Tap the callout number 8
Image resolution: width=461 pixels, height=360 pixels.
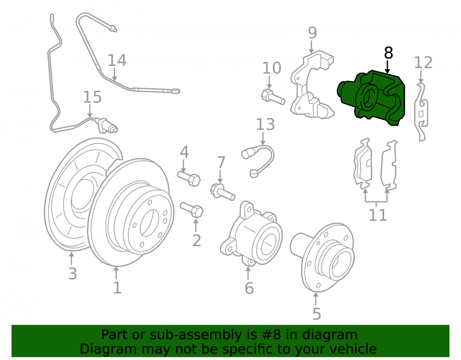point(388,53)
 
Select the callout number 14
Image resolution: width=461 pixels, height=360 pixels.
point(117,60)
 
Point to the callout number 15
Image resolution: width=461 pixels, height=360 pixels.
point(92,97)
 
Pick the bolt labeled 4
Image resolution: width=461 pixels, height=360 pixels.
point(189,178)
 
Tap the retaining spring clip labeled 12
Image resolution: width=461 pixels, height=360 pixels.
point(421,112)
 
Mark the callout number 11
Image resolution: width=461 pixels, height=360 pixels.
point(378,215)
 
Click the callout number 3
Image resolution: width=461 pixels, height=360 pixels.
point(72,273)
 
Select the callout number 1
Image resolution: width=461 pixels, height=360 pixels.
point(117,288)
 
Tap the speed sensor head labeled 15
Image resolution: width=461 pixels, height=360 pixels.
point(107,125)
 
